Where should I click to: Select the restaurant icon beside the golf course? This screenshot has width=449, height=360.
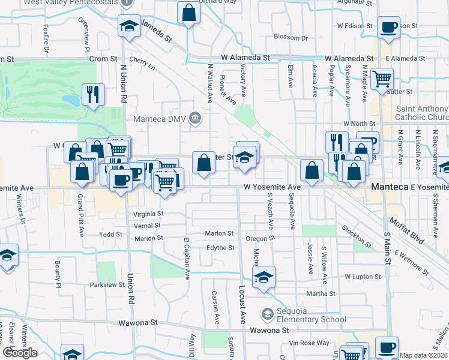93,94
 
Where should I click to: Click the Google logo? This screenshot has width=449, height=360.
20,352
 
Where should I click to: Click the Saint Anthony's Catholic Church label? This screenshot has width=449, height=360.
421,113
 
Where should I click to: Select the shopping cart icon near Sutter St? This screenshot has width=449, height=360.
382,78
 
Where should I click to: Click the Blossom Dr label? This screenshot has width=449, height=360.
290,37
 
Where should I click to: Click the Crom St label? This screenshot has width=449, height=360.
103,59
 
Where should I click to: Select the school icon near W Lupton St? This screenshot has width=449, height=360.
263,277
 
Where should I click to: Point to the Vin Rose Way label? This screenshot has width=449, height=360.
309,343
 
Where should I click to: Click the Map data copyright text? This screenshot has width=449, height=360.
424,355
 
